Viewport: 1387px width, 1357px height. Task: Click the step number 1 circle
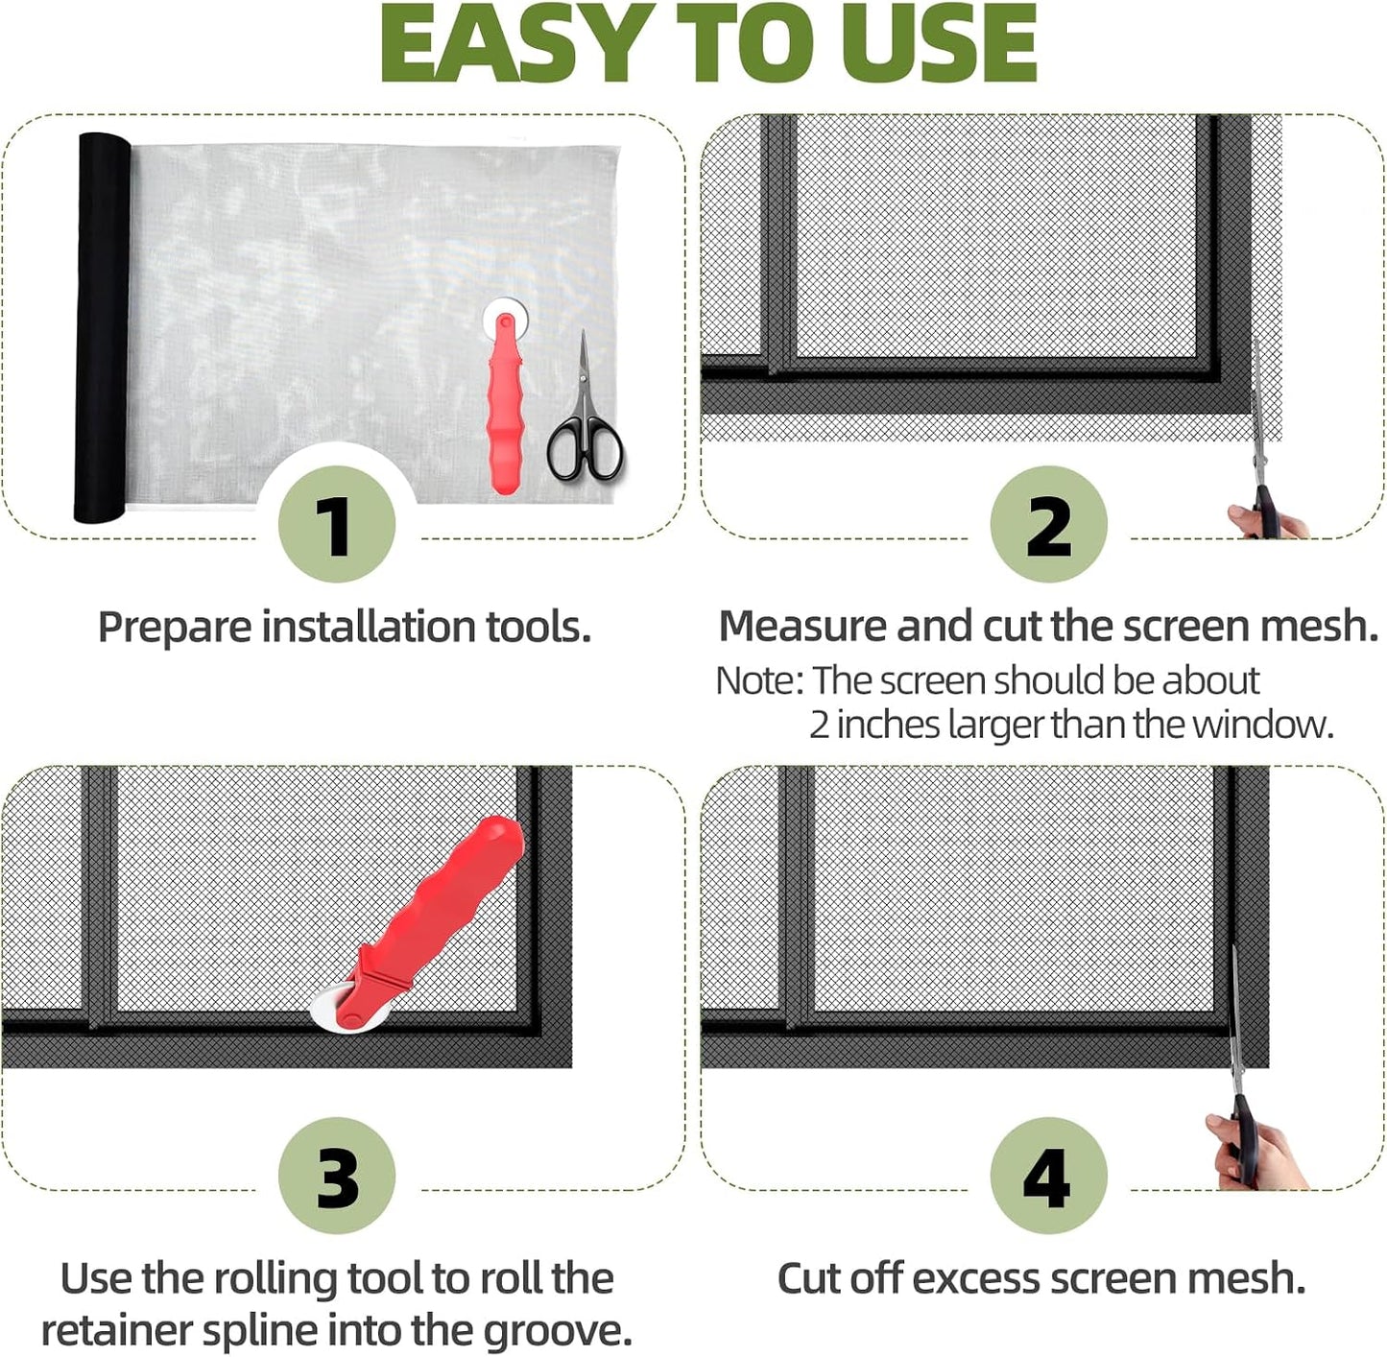[x=336, y=525]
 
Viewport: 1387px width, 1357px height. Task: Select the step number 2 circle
[x=1048, y=525]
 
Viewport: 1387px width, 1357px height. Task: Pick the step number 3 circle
[x=336, y=1176]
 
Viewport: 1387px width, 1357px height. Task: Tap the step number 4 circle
[x=1048, y=1176]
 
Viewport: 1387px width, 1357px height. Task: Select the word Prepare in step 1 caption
[x=174, y=628]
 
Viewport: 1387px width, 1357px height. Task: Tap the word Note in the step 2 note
[x=754, y=680]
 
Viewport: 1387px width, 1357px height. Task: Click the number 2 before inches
[x=819, y=726]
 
